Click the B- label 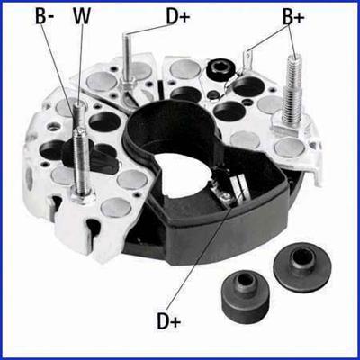46,17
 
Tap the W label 82,17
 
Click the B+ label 293,17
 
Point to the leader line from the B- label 58,72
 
